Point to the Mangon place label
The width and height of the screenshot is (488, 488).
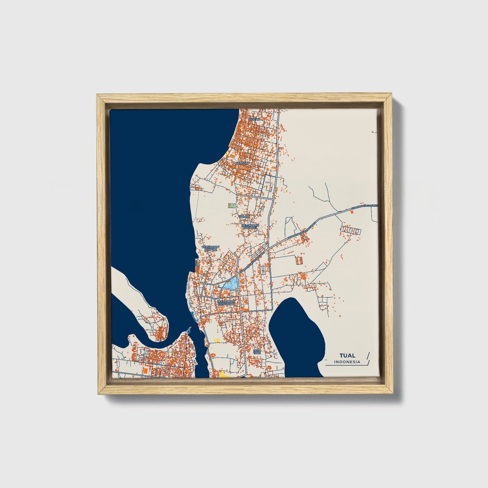point(241,163)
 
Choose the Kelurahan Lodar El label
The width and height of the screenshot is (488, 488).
point(250,226)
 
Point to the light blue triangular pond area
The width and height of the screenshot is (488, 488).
point(231,285)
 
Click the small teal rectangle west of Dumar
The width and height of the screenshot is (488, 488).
point(231,205)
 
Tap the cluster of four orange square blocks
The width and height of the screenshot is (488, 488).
point(299,260)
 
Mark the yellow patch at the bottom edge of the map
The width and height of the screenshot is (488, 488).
point(224,374)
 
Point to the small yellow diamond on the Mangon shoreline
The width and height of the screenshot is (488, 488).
point(229,152)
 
